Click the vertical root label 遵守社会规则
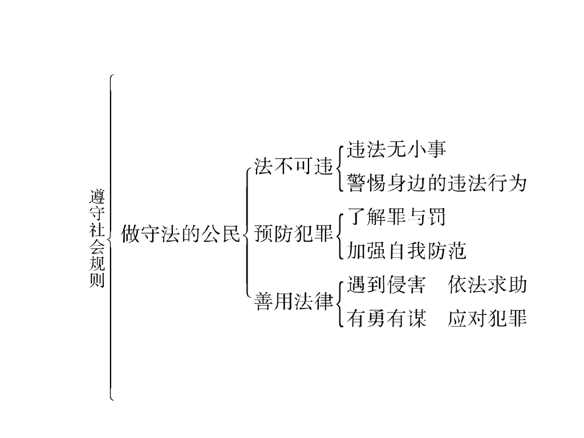pyautogui.click(x=97, y=238)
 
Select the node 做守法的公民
pyautogui.click(x=181, y=234)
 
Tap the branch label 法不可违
pyautogui.click(x=293, y=167)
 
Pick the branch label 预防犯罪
pyautogui.click(x=293, y=234)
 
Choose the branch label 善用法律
pyautogui.click(x=293, y=302)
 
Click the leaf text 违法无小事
pyautogui.click(x=396, y=150)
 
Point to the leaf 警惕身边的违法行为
pyautogui.click(x=436, y=184)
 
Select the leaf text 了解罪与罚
pyautogui.click(x=396, y=217)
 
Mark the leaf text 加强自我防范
pyautogui.click(x=407, y=251)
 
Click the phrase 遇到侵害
pyautogui.click(x=386, y=285)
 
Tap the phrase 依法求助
pyautogui.click(x=487, y=285)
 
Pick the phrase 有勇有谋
pyautogui.click(x=386, y=319)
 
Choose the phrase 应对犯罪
pyautogui.click(x=487, y=319)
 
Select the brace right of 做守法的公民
pyautogui.click(x=246, y=234)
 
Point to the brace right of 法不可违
pyautogui.click(x=339, y=167)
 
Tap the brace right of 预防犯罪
pyautogui.click(x=339, y=234)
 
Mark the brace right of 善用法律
pyautogui.click(x=339, y=302)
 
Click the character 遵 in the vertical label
pyautogui.click(x=97, y=197)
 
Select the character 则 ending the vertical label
pyautogui.click(x=97, y=280)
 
